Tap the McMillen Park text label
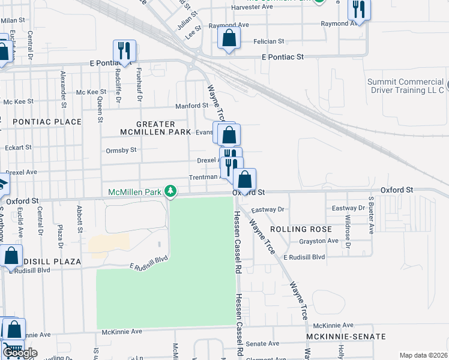click(x=136, y=192)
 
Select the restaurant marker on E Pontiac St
click(x=124, y=52)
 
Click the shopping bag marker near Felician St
click(x=229, y=40)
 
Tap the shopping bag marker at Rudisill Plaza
click(x=11, y=256)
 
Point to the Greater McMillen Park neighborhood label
click(x=155, y=128)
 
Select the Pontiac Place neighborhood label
click(x=47, y=122)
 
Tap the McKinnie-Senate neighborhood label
click(x=345, y=337)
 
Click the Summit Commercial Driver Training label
click(x=405, y=86)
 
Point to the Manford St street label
click(x=191, y=106)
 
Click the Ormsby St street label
click(x=121, y=150)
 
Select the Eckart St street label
click(x=17, y=147)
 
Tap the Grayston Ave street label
click(x=319, y=241)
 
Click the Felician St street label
click(x=268, y=41)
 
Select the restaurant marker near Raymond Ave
click(x=359, y=10)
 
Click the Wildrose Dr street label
click(x=348, y=235)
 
